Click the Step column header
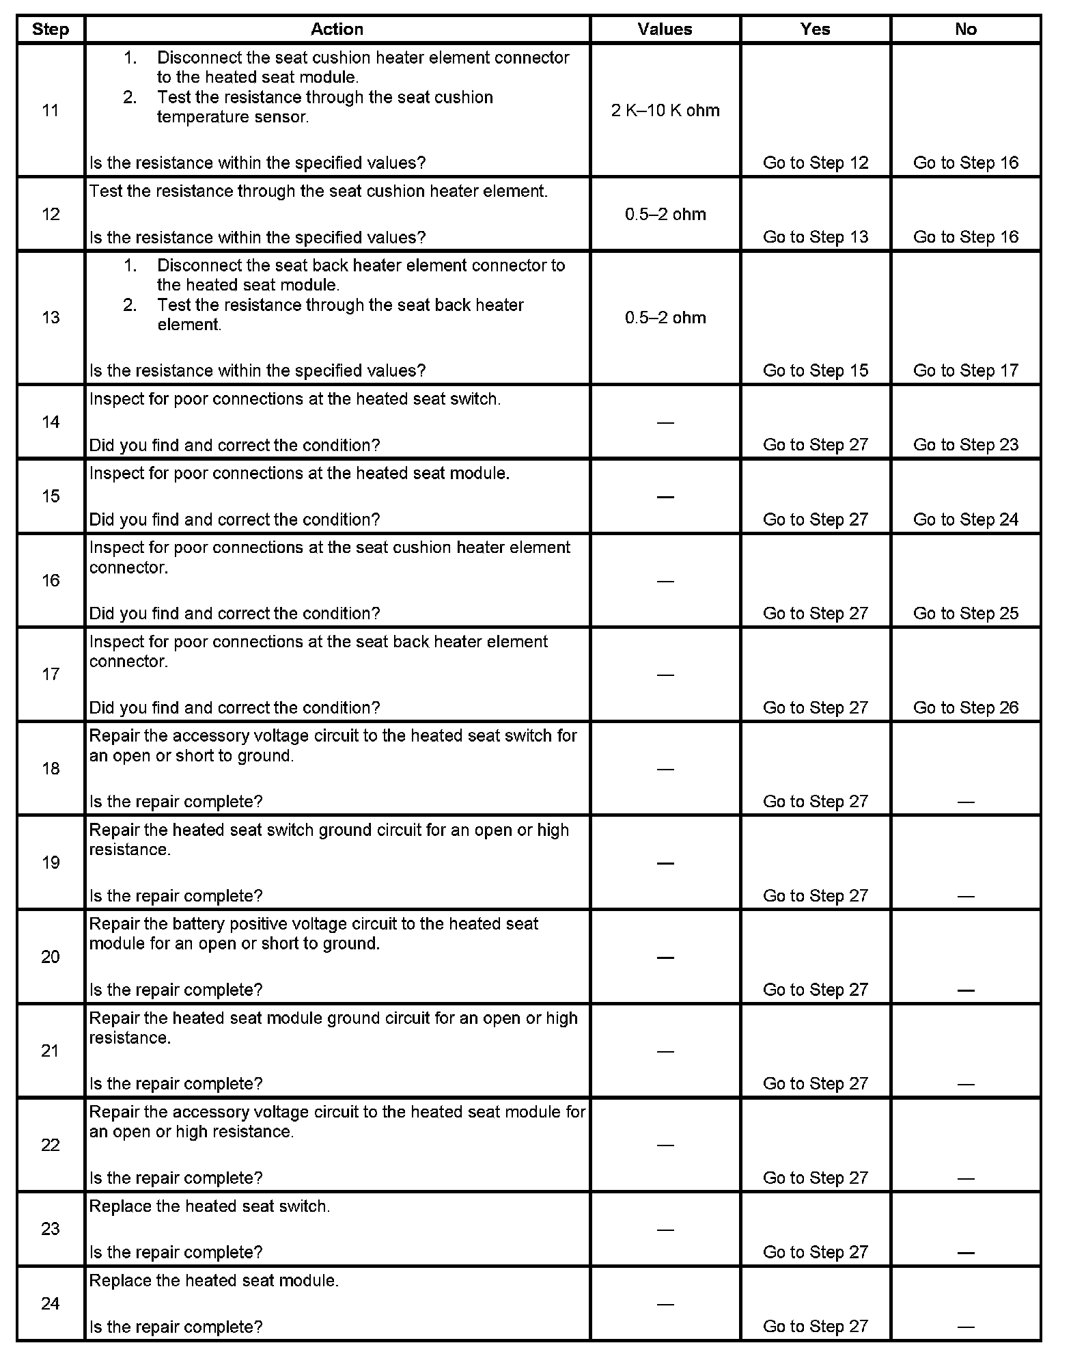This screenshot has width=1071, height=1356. click(x=51, y=29)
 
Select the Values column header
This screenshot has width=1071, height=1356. click(x=665, y=29)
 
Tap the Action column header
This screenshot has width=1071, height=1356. click(x=337, y=29)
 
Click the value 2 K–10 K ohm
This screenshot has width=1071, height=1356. click(x=665, y=111)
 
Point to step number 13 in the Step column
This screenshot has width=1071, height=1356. click(x=51, y=318)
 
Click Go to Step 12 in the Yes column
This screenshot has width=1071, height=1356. click(x=816, y=163)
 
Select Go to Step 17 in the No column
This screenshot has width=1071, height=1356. click(x=965, y=370)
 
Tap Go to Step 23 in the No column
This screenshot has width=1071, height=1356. click(x=965, y=445)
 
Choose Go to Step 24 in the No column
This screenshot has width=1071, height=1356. click(x=965, y=519)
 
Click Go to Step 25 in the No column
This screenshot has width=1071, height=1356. click(x=965, y=613)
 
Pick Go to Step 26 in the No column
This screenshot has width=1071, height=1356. click(x=965, y=707)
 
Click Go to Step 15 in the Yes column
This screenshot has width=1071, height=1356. click(x=816, y=370)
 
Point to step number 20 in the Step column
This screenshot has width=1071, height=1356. click(x=51, y=957)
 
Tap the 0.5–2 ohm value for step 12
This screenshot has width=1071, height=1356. click(x=665, y=215)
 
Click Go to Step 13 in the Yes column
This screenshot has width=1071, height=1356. click(x=816, y=237)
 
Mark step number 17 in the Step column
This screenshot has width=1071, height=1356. click(x=51, y=675)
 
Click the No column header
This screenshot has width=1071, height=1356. click(x=965, y=29)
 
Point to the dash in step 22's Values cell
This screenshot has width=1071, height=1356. click(x=665, y=1145)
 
